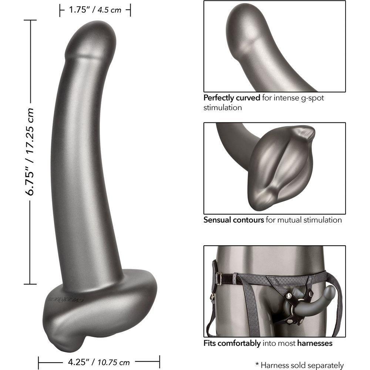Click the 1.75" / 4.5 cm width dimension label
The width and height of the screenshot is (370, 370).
[95, 10]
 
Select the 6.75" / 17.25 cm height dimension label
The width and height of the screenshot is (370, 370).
[30, 152]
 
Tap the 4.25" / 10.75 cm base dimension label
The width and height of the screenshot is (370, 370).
[99, 362]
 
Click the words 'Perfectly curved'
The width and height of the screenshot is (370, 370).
[232, 98]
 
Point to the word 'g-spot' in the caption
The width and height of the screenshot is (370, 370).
[312, 98]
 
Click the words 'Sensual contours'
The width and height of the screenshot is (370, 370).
[233, 220]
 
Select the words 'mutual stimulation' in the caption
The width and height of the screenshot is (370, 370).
[310, 220]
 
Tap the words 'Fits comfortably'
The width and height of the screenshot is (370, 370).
[232, 343]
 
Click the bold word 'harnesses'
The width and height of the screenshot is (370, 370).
[315, 343]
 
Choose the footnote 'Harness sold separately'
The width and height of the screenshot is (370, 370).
[302, 365]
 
